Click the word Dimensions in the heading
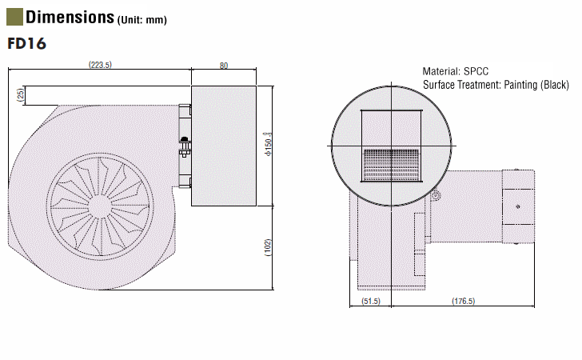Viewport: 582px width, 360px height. coord(70,17)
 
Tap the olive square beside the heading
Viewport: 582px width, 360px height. coord(14,17)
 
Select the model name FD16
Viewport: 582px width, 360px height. coord(26,43)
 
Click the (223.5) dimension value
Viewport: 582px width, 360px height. coord(100,65)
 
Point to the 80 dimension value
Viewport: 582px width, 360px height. coord(224,66)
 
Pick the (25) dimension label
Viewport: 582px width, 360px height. coord(21,94)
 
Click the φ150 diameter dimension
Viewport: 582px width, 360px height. coord(268,144)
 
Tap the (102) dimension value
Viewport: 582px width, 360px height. coord(268,247)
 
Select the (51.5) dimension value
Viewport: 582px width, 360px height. coord(371,301)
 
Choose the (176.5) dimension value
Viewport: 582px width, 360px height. coord(463,301)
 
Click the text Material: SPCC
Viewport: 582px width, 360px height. coord(456,71)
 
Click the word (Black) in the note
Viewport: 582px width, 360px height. coord(555,85)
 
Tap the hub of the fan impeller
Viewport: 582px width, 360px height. coord(100,206)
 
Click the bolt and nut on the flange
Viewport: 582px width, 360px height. coord(185,146)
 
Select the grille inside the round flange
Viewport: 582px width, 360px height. coord(391,165)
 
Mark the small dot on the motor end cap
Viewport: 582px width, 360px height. coord(518,206)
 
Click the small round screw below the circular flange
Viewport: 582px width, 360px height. coord(436,195)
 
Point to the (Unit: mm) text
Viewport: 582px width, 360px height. coord(142,20)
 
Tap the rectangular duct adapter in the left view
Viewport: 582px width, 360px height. coord(224,146)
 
